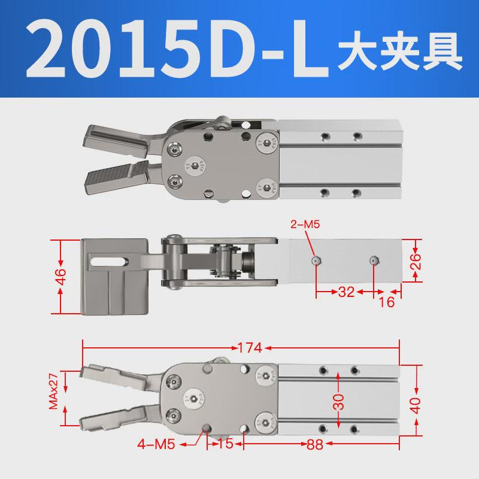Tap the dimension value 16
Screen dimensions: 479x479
(x=387, y=302)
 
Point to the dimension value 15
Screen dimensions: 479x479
(x=226, y=444)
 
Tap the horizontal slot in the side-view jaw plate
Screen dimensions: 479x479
(x=109, y=260)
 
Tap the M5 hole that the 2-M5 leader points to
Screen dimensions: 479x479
(x=316, y=260)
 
